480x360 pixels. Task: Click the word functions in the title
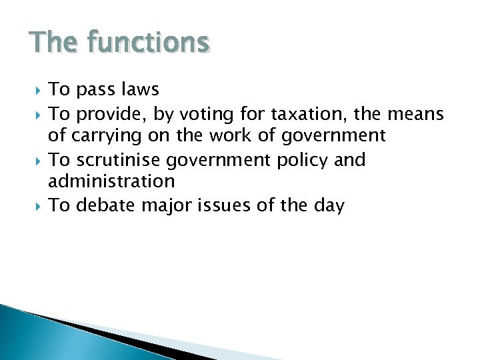click(x=148, y=43)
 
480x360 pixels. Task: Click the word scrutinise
click(x=121, y=160)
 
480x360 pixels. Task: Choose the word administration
click(x=111, y=181)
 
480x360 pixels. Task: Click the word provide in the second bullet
click(x=109, y=115)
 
